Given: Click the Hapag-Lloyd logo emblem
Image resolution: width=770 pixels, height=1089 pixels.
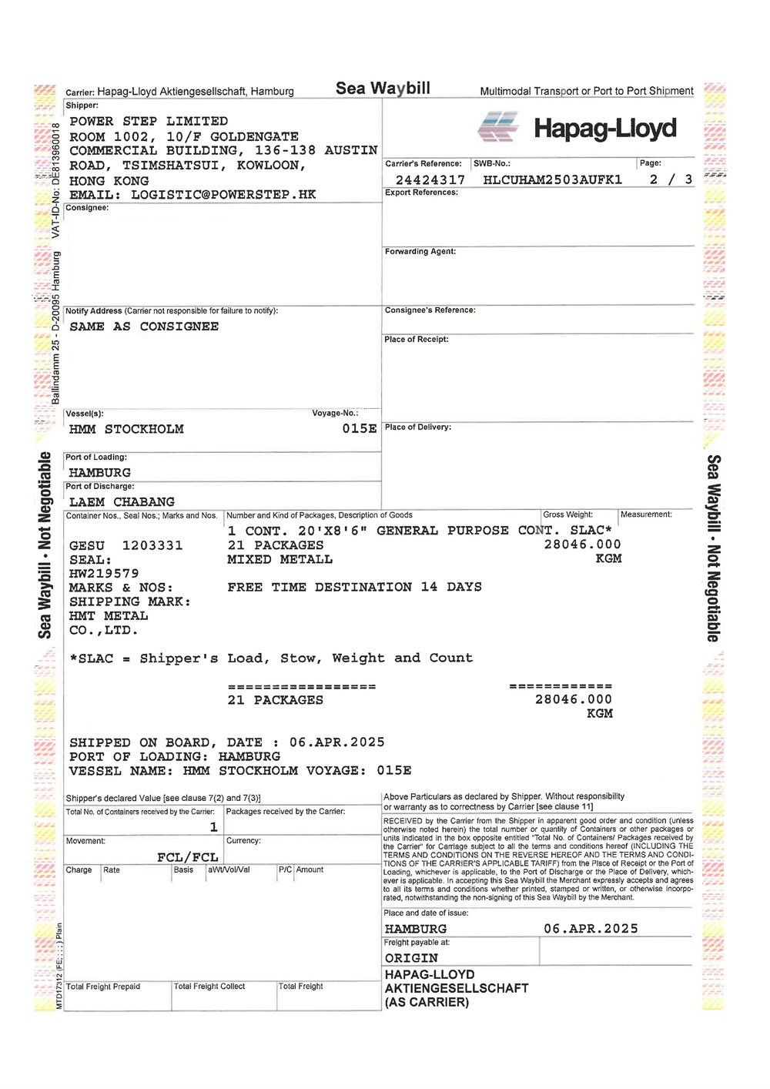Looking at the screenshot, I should pyautogui.click(x=497, y=127).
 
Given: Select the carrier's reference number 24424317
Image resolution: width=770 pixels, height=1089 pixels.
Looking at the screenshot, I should pyautogui.click(x=430, y=179).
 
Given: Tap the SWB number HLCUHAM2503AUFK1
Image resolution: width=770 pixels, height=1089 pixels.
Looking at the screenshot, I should pyautogui.click(x=552, y=179).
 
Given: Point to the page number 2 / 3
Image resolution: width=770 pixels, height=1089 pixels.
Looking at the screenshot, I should pyautogui.click(x=670, y=179).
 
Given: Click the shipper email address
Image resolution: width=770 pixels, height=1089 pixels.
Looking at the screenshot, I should pyautogui.click(x=223, y=194).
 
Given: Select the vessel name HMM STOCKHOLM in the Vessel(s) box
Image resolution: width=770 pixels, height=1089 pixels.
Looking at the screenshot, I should pyautogui.click(x=126, y=429).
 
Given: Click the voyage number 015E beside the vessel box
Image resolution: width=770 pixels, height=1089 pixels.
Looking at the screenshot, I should pyautogui.click(x=359, y=428).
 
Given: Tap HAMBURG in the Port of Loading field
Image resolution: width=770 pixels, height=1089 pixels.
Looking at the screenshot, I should pyautogui.click(x=100, y=472).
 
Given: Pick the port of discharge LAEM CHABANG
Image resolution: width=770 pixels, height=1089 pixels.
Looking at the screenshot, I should pyautogui.click(x=122, y=501).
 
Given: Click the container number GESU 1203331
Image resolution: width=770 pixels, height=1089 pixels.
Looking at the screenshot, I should pyautogui.click(x=126, y=545).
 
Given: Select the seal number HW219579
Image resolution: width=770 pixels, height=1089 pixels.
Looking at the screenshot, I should pyautogui.click(x=104, y=574).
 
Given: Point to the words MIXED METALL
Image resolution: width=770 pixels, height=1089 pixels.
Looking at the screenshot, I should pyautogui.click(x=280, y=559).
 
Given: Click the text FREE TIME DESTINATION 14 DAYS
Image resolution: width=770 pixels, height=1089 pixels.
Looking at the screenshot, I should pyautogui.click(x=354, y=587).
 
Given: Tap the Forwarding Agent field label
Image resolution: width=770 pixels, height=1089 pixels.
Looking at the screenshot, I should pyautogui.click(x=420, y=252).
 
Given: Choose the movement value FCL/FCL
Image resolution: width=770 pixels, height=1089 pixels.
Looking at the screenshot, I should pyautogui.click(x=187, y=857).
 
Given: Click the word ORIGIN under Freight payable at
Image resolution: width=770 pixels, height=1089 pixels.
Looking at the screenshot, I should pyautogui.click(x=411, y=958).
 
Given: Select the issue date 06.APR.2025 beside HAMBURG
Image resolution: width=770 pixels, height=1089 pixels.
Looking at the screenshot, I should pyautogui.click(x=591, y=929).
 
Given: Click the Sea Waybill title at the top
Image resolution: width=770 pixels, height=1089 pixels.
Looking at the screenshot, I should pyautogui.click(x=383, y=89).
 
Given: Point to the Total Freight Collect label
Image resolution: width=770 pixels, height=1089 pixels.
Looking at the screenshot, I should pyautogui.click(x=209, y=987).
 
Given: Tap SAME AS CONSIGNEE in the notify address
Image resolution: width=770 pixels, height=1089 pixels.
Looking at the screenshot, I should pyautogui.click(x=144, y=327).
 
